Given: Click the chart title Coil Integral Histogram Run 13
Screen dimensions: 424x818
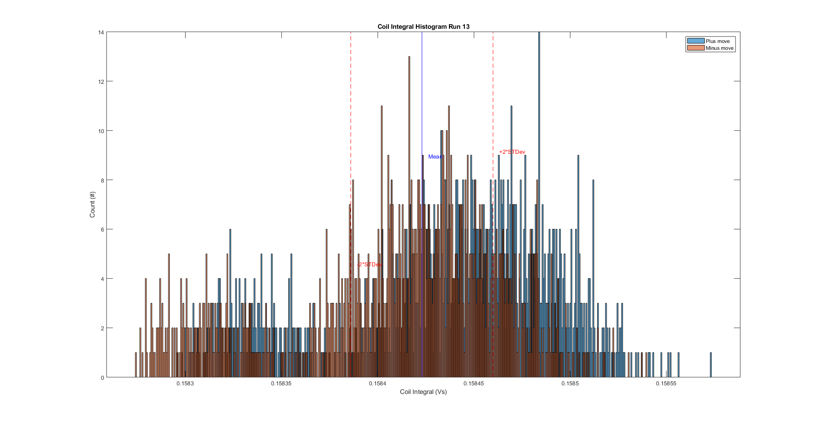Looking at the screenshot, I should click(x=423, y=27).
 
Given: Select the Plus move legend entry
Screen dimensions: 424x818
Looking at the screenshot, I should click(x=717, y=41).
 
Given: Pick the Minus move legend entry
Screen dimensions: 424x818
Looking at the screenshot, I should click(x=719, y=48).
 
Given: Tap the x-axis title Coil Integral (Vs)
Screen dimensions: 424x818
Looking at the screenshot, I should click(x=423, y=392).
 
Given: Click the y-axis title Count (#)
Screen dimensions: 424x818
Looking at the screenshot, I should click(x=92, y=204).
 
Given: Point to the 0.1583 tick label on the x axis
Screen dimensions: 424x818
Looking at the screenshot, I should click(x=185, y=384).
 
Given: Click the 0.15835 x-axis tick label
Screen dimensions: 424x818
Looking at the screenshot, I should click(x=281, y=384).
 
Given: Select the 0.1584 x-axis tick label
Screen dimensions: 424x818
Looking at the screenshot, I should click(x=378, y=384).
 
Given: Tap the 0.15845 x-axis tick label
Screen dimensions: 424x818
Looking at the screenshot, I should click(x=474, y=384).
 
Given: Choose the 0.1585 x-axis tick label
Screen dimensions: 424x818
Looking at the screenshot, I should click(x=570, y=384).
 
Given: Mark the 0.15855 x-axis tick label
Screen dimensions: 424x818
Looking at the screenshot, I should click(x=666, y=384).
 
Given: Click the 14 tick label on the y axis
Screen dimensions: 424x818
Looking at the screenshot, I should click(x=101, y=32).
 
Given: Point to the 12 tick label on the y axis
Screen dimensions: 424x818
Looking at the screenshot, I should click(x=101, y=82).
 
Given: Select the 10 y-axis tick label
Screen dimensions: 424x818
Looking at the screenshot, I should click(x=101, y=131).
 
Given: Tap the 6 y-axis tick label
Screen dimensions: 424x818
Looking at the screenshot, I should click(x=102, y=229).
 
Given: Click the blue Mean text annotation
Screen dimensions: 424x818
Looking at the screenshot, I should click(x=435, y=157).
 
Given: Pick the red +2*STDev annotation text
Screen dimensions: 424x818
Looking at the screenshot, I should click(x=512, y=152).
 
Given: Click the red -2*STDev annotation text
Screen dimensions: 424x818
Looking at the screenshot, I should click(x=369, y=265).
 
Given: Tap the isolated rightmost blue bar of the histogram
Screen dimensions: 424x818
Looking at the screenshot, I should click(x=711, y=365).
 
